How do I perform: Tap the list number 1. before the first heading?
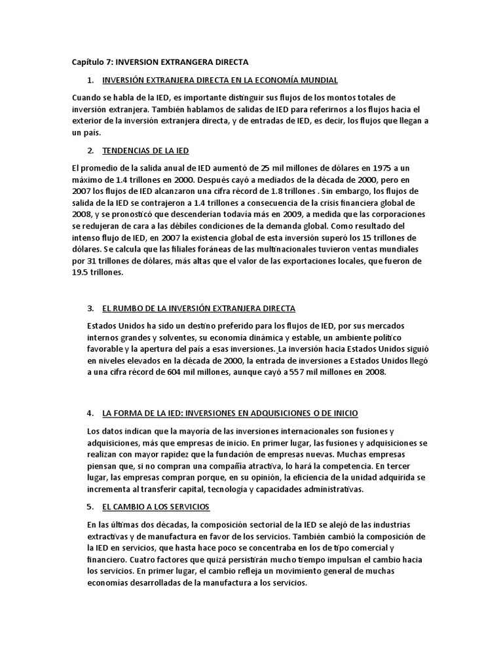(x=89, y=80)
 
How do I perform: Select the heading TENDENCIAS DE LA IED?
(x=145, y=151)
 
